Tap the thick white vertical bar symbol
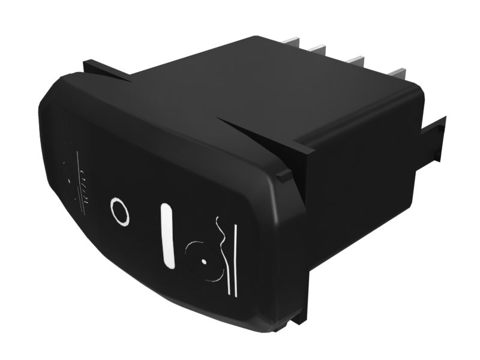point(167,235)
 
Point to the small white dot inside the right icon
point(205,262)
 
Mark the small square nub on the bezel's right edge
point(283,175)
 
